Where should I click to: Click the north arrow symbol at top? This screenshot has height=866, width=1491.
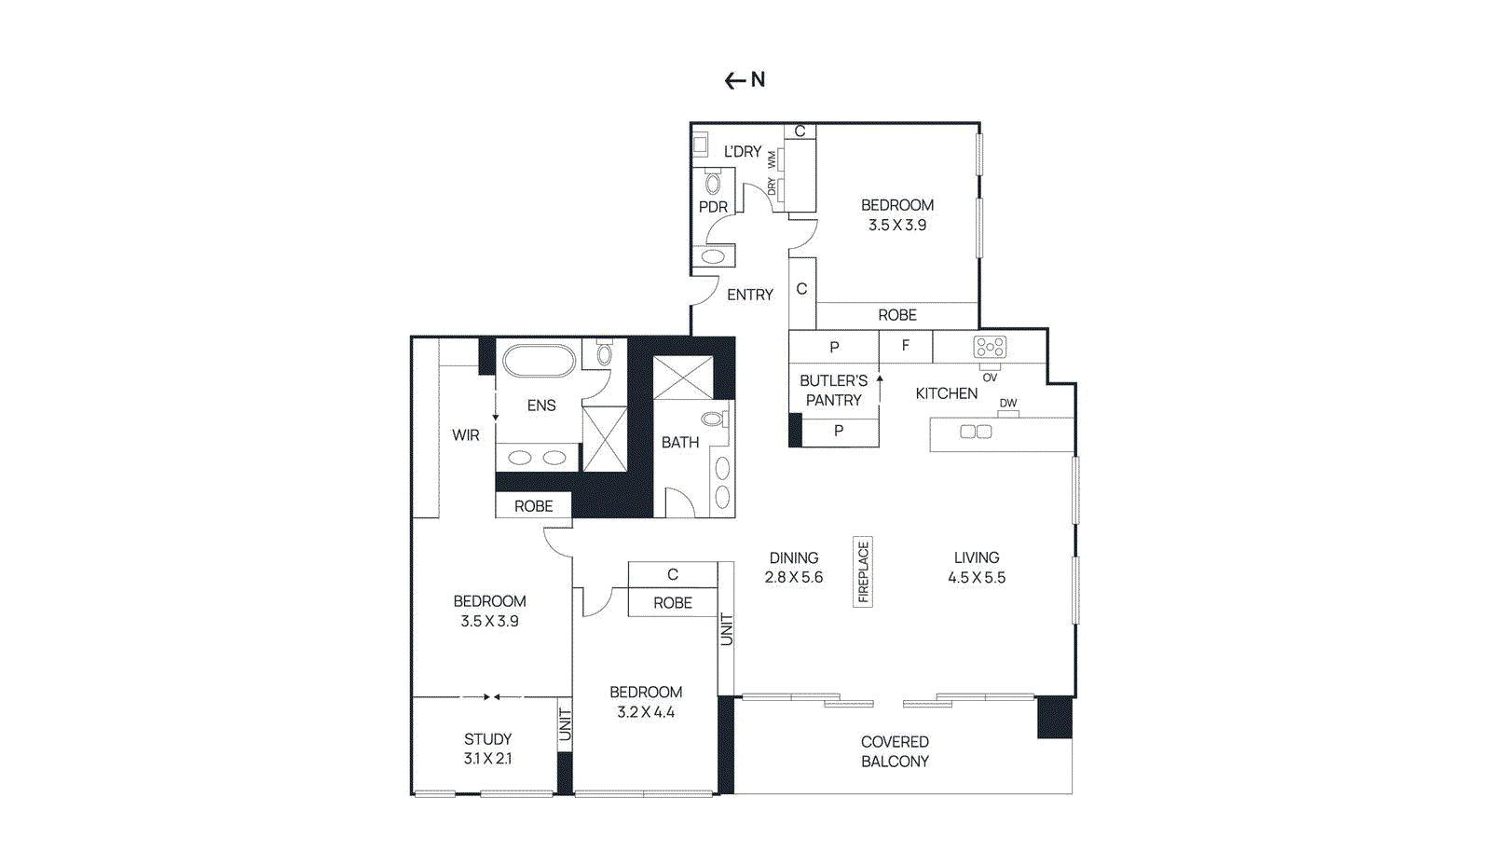745,80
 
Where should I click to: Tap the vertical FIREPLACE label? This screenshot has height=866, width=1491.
863,571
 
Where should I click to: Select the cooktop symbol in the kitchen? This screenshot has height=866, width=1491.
990,347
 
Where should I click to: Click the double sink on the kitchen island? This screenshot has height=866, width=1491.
976,432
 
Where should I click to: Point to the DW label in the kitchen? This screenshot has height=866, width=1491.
1008,404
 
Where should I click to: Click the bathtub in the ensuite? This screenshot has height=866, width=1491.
540,360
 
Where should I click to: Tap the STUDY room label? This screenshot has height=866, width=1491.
487,738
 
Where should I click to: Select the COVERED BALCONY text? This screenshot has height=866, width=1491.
895,751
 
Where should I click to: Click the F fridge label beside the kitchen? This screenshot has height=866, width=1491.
905,345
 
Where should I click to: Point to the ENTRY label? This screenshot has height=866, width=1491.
750,295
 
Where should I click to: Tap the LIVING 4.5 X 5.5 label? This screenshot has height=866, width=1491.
977,567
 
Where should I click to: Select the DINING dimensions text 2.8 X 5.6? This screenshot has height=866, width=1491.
794,577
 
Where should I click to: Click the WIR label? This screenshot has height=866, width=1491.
466,435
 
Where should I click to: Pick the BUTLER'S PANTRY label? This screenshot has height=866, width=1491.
833,390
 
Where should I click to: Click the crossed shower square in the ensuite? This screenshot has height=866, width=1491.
605,438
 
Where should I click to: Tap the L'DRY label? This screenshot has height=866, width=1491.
743,151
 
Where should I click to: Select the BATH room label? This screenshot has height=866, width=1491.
680,442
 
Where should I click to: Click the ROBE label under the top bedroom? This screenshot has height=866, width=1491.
897,315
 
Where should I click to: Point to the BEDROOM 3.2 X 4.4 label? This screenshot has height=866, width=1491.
646,702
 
